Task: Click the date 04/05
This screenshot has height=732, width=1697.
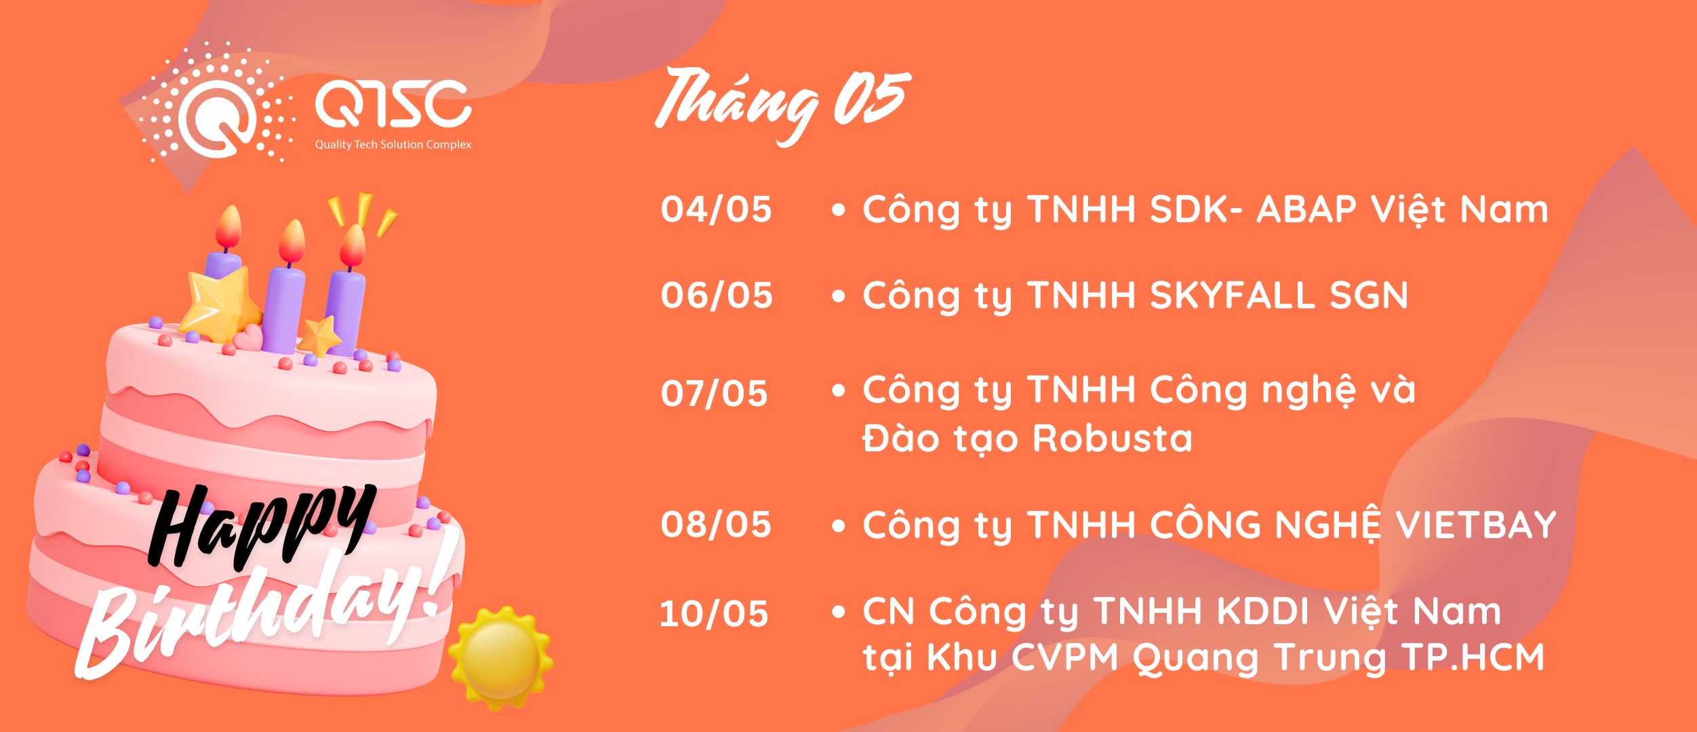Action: click(x=716, y=209)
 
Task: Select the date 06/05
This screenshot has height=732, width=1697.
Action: click(x=717, y=296)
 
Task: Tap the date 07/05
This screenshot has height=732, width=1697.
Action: click(x=714, y=394)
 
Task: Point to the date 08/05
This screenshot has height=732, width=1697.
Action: click(x=716, y=525)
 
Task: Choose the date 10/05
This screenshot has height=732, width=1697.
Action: click(x=713, y=614)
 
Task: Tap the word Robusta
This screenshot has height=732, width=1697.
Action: click(x=1112, y=438)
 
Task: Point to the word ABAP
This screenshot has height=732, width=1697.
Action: click(x=1306, y=209)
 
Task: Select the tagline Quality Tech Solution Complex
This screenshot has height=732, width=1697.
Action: click(x=393, y=144)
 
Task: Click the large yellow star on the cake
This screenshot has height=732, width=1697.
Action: click(x=220, y=304)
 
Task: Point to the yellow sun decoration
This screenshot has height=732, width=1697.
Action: click(x=500, y=658)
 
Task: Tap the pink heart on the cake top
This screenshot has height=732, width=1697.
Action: click(x=249, y=336)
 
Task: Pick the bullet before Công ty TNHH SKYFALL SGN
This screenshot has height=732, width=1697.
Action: click(x=839, y=296)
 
